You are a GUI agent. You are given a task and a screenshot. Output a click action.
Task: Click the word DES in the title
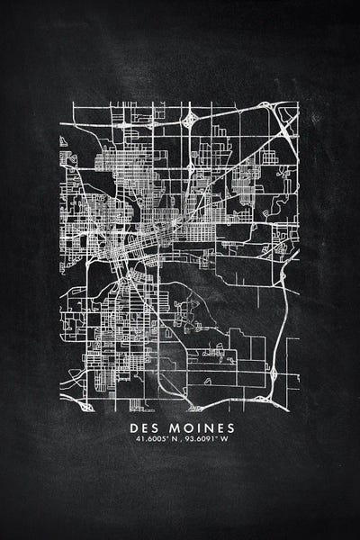(148, 426)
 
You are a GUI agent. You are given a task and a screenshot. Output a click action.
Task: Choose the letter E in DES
(148, 426)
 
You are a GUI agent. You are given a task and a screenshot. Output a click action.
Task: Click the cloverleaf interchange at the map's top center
(190, 119)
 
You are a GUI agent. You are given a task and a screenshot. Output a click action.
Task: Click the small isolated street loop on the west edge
(64, 142)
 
